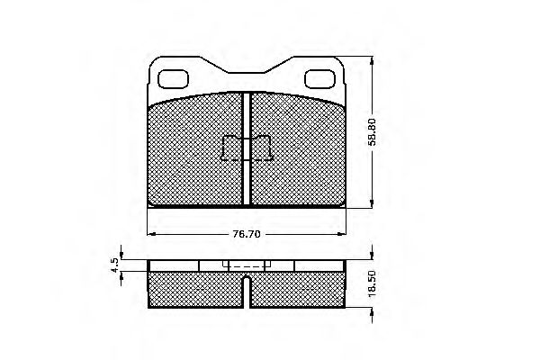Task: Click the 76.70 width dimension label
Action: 247,234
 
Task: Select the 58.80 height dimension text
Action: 373,131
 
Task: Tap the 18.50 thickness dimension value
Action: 372,283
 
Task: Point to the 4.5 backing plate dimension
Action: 114,265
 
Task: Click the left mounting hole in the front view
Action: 173,79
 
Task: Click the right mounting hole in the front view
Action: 319,79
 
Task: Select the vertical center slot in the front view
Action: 247,148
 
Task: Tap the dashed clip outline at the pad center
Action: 247,148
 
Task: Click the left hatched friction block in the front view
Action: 195,151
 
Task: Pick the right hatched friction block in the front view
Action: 298,151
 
